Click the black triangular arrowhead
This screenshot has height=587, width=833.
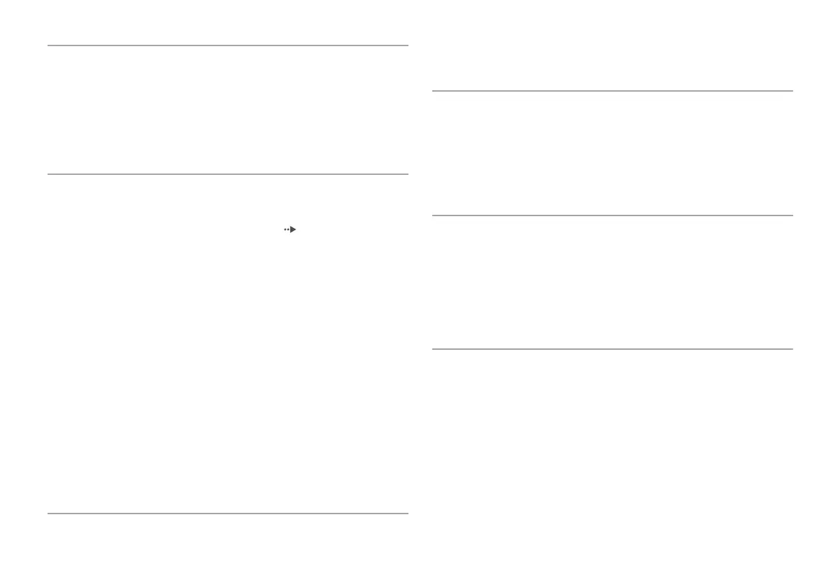coord(294,229)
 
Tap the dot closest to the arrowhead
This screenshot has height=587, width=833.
coord(288,229)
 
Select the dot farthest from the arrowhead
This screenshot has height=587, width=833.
coord(285,229)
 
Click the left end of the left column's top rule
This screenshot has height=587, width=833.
coord(48,46)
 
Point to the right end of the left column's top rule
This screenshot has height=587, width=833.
coord(408,46)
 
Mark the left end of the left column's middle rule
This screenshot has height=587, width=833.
coord(48,174)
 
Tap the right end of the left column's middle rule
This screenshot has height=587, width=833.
coord(408,174)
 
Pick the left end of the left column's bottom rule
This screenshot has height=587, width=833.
coord(48,514)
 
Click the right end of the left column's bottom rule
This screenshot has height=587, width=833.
coord(408,514)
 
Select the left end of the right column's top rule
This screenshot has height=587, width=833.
coord(433,91)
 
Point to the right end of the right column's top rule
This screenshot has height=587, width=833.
coord(792,91)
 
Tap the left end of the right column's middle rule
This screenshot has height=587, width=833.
coord(433,215)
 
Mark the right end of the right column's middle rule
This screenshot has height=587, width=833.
coord(792,215)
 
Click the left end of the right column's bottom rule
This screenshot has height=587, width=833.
coord(433,348)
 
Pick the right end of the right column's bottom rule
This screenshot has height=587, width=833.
coord(792,348)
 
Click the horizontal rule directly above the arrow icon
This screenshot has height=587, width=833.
coord(228,174)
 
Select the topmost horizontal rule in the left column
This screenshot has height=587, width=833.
coord(228,46)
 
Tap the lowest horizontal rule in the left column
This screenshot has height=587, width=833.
coord(228,514)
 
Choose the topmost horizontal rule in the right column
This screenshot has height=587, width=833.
coord(613,91)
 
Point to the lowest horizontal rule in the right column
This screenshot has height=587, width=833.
coord(613,348)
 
